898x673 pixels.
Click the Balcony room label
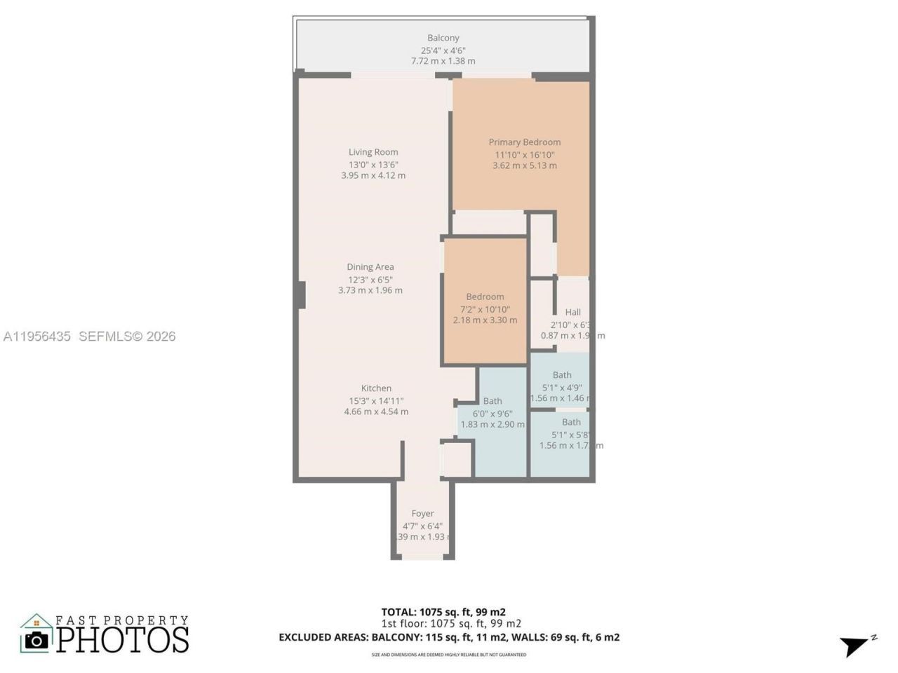[x=443, y=38]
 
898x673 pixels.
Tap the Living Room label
[x=373, y=152]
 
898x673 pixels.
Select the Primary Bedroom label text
[x=525, y=142]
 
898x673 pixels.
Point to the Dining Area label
[x=370, y=267]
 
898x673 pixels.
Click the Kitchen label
[x=376, y=388]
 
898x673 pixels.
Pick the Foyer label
[x=422, y=514]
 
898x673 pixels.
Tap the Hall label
[x=573, y=313]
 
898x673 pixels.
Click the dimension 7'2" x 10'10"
[x=485, y=309]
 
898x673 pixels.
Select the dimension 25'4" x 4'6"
[x=443, y=50]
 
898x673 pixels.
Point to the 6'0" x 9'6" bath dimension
[x=492, y=414]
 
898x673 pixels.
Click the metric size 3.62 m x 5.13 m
[x=525, y=166]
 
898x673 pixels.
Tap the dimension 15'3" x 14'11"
[x=376, y=401]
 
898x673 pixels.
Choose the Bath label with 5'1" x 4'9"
[x=562, y=375]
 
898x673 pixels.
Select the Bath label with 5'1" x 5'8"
[x=571, y=422]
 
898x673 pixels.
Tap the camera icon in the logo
[x=36, y=639]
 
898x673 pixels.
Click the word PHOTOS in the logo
[x=123, y=640]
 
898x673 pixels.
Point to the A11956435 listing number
[x=37, y=336]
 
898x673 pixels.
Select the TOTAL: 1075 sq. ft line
[x=443, y=612]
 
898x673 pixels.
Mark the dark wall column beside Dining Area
[x=302, y=294]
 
